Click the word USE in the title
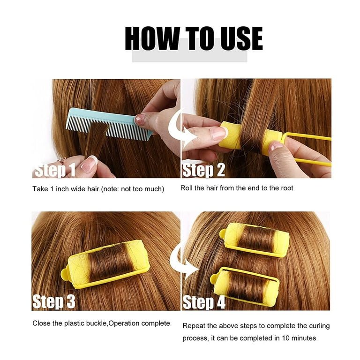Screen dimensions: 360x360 pos(241,38)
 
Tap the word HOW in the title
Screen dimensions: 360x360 pos(152,38)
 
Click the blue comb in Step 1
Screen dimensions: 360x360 pos(109,124)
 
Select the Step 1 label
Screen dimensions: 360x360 pos(55,170)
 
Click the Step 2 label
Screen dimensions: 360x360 pos(203,170)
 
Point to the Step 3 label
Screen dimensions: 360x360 pos(54,301)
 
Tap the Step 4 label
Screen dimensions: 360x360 pos(204,302)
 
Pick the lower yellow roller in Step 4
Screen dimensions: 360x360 pos(245,285)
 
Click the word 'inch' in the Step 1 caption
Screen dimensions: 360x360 pos(62,189)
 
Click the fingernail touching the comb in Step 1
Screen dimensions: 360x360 pos(140,120)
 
